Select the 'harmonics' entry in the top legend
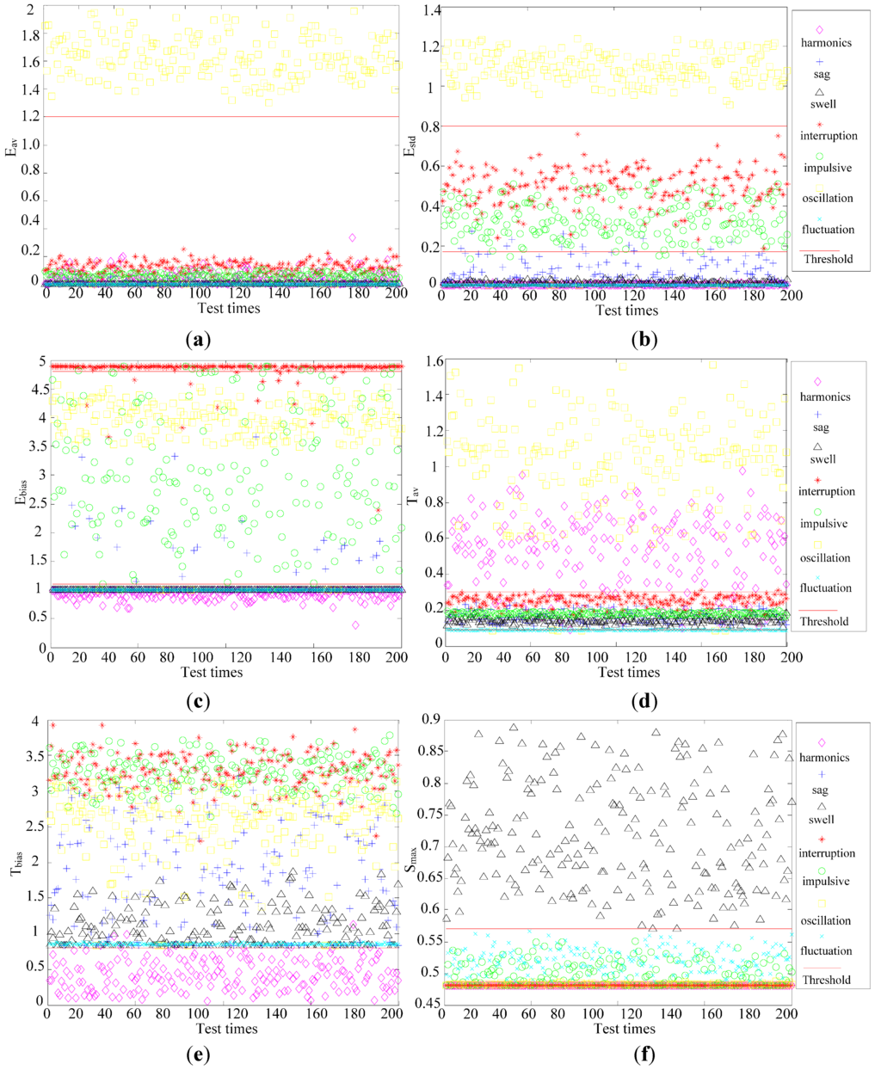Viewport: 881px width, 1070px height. click(x=826, y=42)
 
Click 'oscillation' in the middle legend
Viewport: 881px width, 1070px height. click(x=826, y=557)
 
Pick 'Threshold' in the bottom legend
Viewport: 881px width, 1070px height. click(x=826, y=980)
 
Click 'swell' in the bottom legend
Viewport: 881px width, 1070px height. click(x=822, y=820)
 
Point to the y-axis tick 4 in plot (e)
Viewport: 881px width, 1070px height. click(x=35, y=722)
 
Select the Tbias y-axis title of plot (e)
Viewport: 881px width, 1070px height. click(x=15, y=861)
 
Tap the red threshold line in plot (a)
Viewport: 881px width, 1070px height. click(x=215, y=116)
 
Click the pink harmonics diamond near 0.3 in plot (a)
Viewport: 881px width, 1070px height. click(x=352, y=237)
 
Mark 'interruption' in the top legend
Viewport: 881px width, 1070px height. click(x=828, y=135)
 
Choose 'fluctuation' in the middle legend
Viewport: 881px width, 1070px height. click(x=826, y=587)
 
